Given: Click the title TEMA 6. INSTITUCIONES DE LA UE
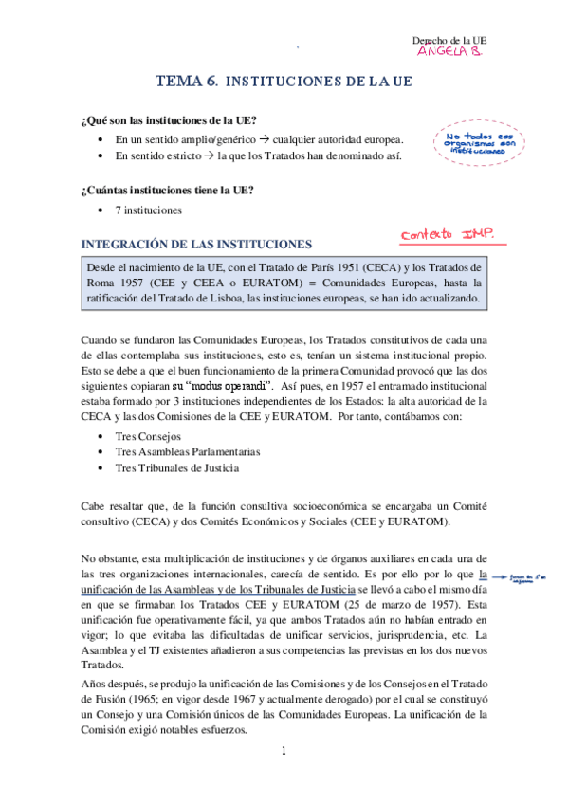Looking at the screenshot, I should click(284, 82).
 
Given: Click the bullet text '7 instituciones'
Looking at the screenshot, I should click(149, 210).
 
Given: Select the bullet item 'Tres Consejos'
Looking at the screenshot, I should click(151, 435).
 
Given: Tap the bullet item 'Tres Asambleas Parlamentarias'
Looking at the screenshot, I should click(187, 451).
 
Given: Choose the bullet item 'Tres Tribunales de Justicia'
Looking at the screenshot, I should click(176, 467).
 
